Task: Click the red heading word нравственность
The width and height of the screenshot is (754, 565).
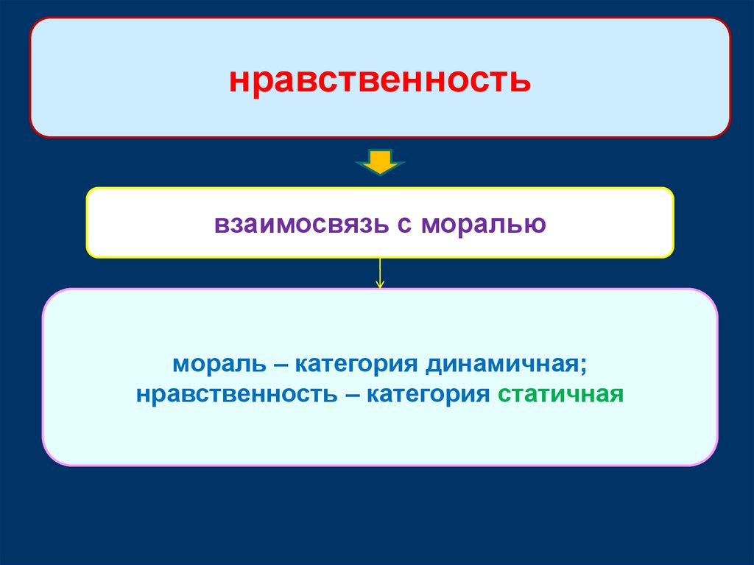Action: [379, 80]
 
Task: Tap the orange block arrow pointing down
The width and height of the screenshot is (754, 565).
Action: [380, 161]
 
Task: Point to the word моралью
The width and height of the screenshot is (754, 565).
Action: [484, 223]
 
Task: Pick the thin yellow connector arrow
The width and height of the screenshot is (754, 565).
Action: [380, 273]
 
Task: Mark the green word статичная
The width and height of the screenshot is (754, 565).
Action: [560, 393]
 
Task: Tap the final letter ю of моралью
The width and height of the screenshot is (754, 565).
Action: [538, 224]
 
